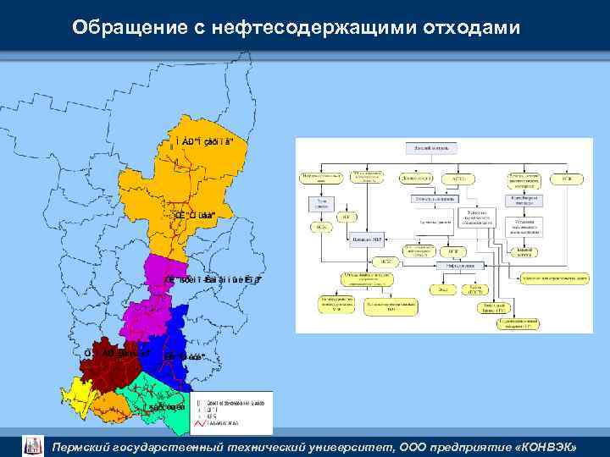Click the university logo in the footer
point(32,444)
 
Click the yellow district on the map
point(81,393)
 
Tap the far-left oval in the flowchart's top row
point(322,179)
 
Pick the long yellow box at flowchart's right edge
point(555,278)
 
